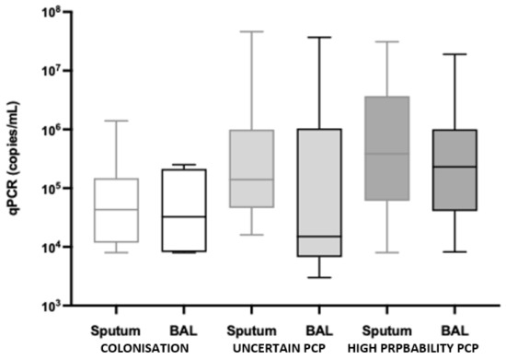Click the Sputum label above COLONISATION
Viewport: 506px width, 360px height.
click(116, 330)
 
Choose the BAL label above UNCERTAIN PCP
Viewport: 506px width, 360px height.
click(319, 330)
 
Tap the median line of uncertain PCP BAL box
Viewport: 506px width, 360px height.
click(319, 237)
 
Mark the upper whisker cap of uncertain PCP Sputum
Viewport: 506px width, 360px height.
click(251, 31)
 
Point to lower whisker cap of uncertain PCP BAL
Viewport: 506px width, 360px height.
click(319, 277)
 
